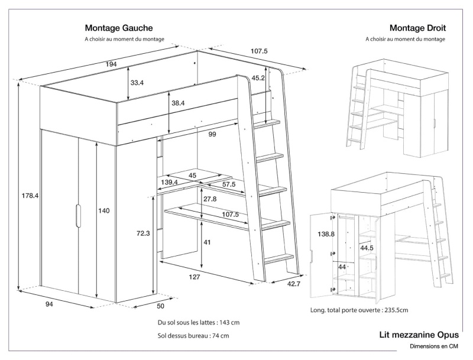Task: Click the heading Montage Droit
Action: (x=417, y=28)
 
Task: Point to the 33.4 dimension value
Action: (x=137, y=83)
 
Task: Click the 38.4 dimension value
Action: (x=179, y=103)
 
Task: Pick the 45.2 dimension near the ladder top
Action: (x=258, y=77)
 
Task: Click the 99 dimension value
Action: (x=212, y=134)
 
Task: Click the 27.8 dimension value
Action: (x=210, y=199)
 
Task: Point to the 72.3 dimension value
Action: (x=142, y=233)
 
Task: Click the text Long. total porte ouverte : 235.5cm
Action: (x=359, y=310)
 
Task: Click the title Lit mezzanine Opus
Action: (x=419, y=335)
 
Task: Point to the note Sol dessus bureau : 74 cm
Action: (x=193, y=336)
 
